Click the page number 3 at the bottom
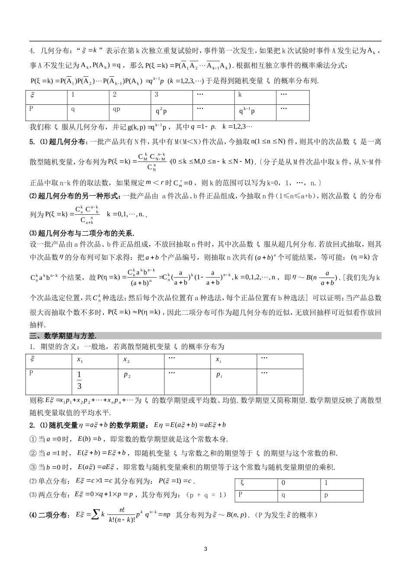click(205, 549)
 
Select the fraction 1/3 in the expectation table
click(79, 380)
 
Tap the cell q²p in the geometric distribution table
click(161, 111)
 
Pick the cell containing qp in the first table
click(116, 109)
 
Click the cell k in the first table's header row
click(240, 95)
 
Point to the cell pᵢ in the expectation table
click(219, 375)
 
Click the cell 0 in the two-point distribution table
click(283, 483)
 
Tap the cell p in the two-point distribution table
click(326, 495)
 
